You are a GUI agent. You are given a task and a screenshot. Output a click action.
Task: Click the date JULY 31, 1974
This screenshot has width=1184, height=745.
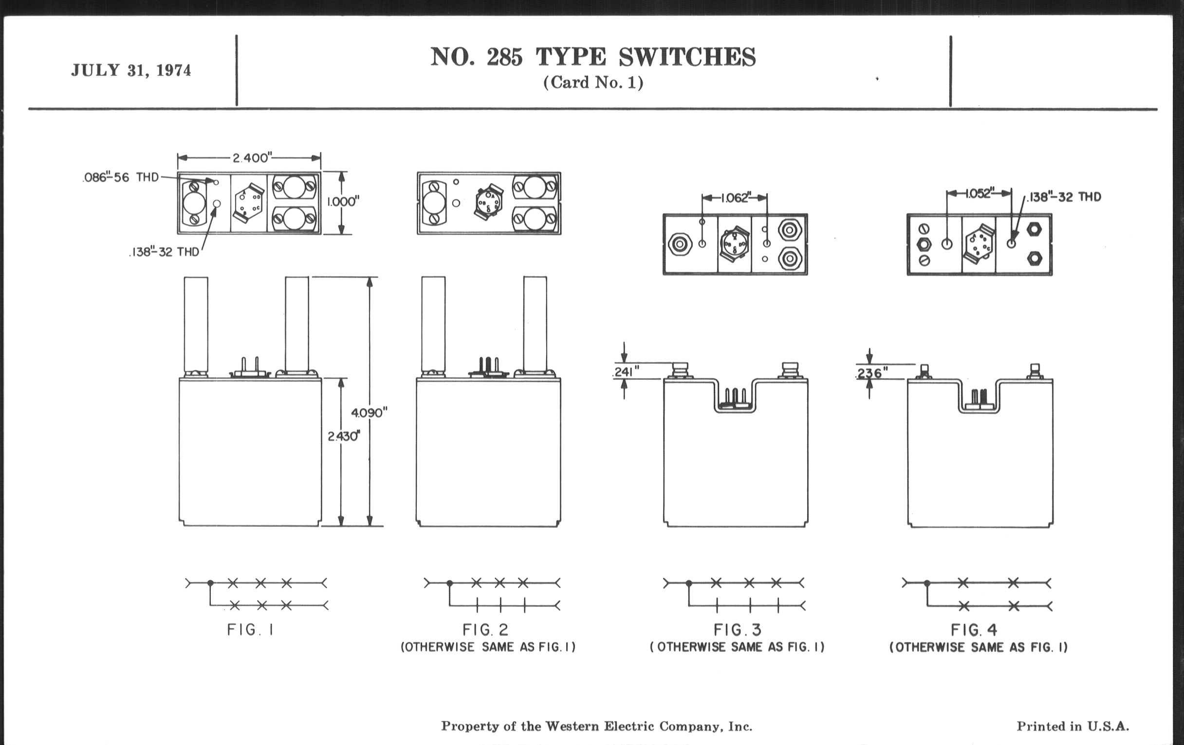tap(131, 70)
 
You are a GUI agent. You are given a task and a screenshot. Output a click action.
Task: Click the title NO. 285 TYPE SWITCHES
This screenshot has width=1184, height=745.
tap(593, 57)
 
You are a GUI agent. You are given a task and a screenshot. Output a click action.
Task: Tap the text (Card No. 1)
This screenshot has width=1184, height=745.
tap(593, 82)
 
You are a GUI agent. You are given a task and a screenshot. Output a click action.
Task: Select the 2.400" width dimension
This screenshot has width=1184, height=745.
tap(251, 158)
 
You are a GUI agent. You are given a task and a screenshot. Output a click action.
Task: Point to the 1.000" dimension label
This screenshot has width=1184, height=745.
tap(343, 202)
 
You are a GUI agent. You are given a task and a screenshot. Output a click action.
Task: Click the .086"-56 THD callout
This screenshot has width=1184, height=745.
tap(121, 178)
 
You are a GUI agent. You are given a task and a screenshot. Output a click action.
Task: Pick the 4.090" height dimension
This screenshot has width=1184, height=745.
tap(369, 412)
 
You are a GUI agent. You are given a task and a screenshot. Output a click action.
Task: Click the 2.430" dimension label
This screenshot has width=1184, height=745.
tap(344, 436)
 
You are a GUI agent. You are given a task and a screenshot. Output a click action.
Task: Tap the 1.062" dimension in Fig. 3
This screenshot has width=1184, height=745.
tap(735, 198)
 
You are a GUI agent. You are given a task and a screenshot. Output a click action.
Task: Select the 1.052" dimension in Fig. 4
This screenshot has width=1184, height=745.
tap(979, 193)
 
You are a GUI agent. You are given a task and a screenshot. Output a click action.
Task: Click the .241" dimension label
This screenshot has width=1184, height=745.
tap(625, 372)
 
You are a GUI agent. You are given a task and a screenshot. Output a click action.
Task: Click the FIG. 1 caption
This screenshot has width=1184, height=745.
tap(250, 630)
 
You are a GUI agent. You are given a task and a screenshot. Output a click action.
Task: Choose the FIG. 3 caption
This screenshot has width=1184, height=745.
tap(737, 630)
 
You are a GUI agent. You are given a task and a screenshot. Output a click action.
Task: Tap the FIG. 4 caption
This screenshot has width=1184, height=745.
tap(974, 630)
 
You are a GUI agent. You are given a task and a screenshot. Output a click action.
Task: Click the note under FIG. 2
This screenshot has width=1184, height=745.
tap(488, 647)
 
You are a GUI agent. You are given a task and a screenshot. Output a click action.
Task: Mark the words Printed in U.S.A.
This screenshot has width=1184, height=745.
tap(1073, 726)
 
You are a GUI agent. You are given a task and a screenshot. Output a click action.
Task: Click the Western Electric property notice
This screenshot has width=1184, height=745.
tap(596, 726)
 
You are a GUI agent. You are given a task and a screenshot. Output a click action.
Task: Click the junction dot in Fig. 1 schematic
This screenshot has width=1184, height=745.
tap(210, 583)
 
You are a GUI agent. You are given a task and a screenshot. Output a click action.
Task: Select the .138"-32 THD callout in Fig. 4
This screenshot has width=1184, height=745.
tap(1064, 197)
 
